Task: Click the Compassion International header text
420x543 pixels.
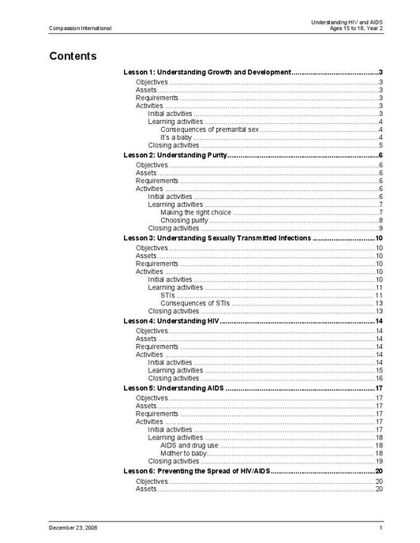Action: [80, 28]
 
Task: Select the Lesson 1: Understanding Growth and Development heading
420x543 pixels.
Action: [208, 72]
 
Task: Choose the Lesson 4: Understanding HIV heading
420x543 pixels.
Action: [171, 320]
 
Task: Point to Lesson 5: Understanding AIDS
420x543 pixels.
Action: [173, 388]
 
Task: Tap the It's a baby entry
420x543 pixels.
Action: [176, 137]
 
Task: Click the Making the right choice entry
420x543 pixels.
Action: [195, 212]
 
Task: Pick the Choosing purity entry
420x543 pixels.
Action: [184, 220]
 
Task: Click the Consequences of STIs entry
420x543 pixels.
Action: [194, 303]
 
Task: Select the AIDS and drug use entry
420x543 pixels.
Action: [189, 445]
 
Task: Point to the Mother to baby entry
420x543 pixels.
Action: [183, 453]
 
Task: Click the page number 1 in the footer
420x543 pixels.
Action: [381, 526]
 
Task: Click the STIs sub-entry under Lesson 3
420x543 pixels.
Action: [167, 295]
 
